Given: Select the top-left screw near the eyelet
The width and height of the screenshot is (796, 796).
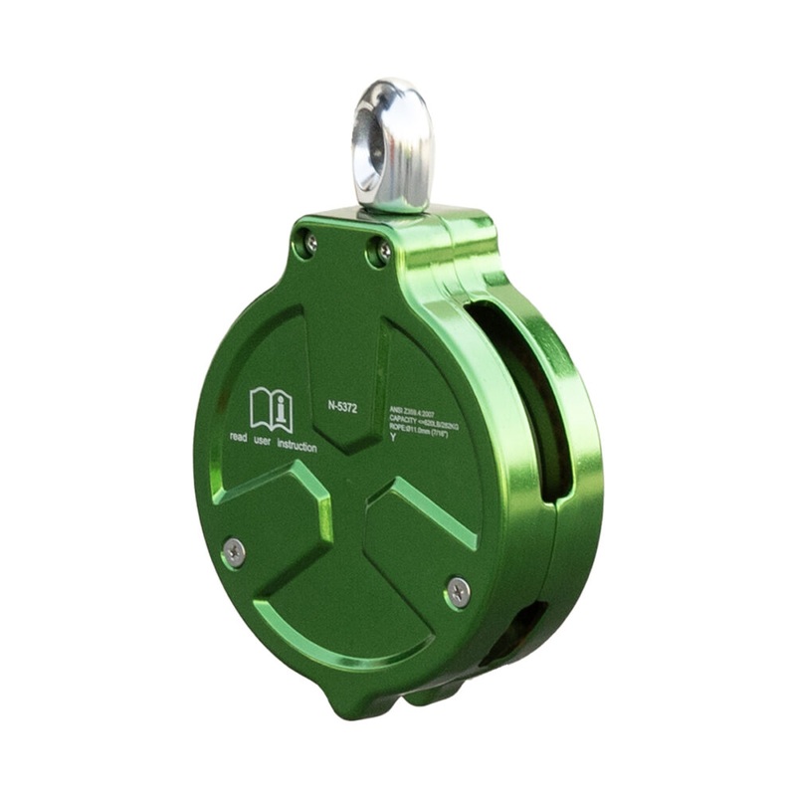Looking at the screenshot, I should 310,242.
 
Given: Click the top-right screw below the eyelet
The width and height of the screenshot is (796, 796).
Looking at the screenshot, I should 378,253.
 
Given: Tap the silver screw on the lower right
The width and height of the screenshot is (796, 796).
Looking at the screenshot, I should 457,591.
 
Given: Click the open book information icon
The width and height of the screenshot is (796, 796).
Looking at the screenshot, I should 272,409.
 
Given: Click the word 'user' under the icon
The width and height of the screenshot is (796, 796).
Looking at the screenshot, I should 263,440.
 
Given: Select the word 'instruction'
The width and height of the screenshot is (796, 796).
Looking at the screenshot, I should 297,446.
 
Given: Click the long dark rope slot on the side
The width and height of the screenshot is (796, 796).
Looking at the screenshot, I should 532,398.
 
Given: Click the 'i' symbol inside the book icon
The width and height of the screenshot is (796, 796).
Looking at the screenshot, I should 282,407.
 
